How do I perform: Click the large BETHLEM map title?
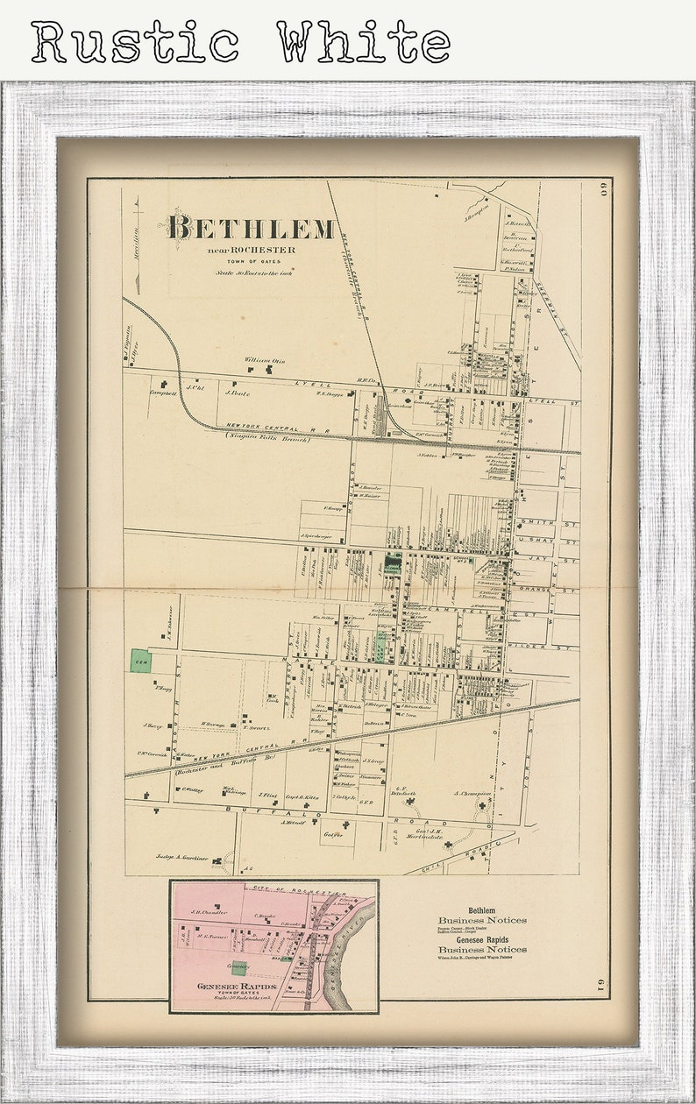click(x=251, y=228)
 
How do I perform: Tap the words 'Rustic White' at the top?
click(x=240, y=43)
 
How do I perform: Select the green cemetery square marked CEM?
click(x=140, y=661)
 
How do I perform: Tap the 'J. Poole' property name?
click(x=238, y=393)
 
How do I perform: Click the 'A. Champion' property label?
click(x=472, y=793)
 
